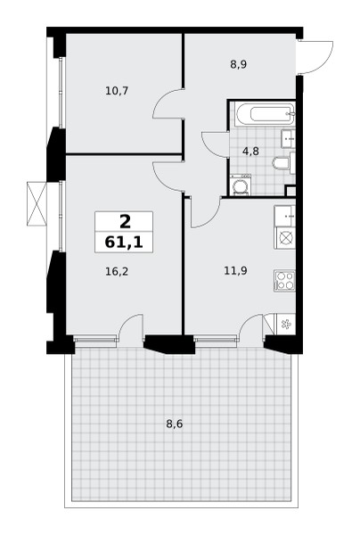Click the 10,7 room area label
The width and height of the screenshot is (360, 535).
pyautogui.click(x=117, y=91)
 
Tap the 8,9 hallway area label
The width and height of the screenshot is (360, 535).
pyautogui.click(x=238, y=64)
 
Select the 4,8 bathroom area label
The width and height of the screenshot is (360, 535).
pyautogui.click(x=250, y=151)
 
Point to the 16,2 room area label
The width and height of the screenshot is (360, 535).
pyautogui.click(x=117, y=272)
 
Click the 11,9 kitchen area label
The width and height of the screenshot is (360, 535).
pyautogui.click(x=235, y=271)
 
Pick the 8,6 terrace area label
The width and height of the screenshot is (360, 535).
pyautogui.click(x=175, y=424)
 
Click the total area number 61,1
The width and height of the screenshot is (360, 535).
pyautogui.click(x=123, y=243)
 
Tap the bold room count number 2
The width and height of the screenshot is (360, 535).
pyautogui.click(x=125, y=222)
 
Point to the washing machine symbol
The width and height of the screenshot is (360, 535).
pyautogui.click(x=241, y=185)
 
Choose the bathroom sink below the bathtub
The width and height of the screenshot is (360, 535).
pyautogui.click(x=288, y=138)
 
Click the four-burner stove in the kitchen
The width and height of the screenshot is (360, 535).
pyautogui.click(x=284, y=281)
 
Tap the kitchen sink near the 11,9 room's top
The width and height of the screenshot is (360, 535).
pyautogui.click(x=284, y=216)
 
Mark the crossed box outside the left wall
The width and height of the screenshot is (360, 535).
pyautogui.click(x=37, y=203)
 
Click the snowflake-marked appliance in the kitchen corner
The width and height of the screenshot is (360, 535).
pyautogui.click(x=286, y=325)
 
